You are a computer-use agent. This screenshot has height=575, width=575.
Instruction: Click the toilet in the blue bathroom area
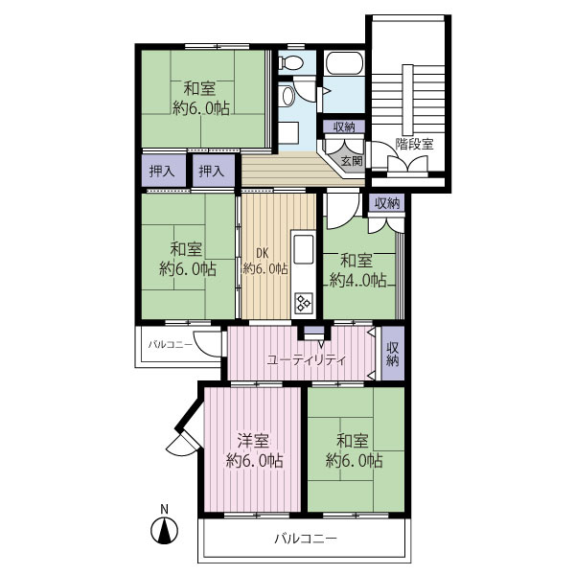point(290,62)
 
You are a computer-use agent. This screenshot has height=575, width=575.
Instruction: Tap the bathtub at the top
point(345,63)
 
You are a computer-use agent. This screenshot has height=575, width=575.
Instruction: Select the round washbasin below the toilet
point(288,96)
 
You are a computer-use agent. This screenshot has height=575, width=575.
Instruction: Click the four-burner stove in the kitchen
point(304,303)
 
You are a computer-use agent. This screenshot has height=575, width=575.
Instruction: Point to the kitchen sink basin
point(304,249)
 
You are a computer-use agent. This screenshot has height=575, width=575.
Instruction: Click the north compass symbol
point(165,531)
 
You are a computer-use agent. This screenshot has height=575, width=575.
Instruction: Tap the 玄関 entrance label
point(352,161)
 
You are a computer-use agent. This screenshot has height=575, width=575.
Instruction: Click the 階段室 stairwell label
point(415,144)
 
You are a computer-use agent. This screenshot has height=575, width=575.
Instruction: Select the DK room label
point(262,253)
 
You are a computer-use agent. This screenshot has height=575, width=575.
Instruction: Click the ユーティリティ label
point(307,360)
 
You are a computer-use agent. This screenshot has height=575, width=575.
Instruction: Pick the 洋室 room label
point(253,441)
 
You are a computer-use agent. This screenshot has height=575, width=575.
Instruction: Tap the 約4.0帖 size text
point(357,281)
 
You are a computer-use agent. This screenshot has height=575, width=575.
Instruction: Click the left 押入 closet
point(162,172)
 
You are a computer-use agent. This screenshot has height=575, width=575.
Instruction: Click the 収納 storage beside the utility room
point(393,353)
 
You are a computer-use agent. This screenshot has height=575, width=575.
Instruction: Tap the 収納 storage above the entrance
point(344,127)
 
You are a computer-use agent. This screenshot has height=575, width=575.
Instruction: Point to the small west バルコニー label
point(171,345)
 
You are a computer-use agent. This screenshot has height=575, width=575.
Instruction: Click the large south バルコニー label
point(306,539)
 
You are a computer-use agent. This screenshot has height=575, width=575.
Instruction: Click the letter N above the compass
point(164,510)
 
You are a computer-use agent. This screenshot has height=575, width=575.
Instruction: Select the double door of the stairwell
point(408,164)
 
